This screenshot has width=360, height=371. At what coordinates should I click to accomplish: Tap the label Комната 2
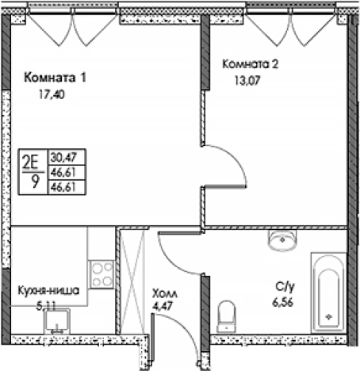[x=251, y=64]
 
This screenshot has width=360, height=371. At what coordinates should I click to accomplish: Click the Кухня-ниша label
[x=48, y=291]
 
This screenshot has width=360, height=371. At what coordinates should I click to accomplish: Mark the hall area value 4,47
[x=163, y=305]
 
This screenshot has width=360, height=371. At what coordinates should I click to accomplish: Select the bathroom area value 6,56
[x=284, y=303]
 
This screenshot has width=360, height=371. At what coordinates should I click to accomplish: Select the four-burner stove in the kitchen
[x=101, y=274]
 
